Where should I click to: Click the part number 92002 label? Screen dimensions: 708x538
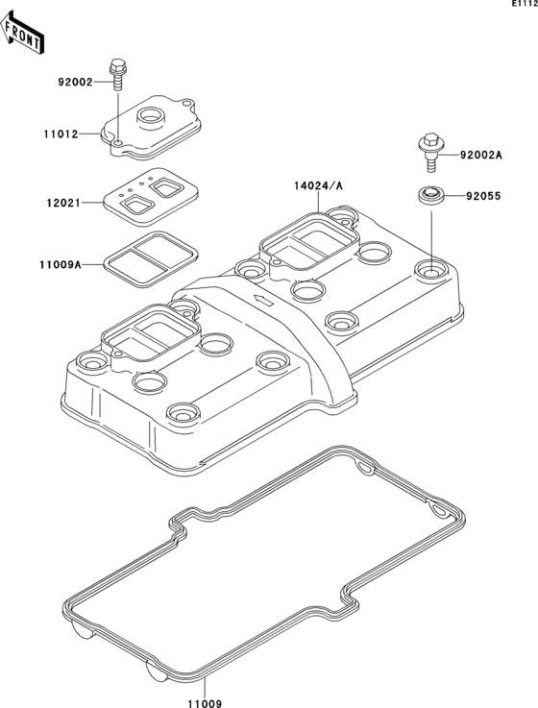tap(73, 83)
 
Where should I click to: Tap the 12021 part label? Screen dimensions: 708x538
tap(63, 204)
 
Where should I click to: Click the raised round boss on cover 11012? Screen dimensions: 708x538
tap(153, 118)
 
